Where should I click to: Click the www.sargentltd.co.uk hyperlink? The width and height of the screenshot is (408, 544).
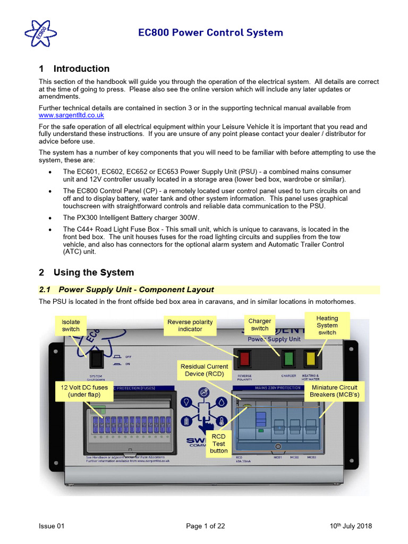pos(71,115)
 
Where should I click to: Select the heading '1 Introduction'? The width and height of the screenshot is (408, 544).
pos(74,69)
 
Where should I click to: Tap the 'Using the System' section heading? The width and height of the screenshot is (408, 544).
pos(86,273)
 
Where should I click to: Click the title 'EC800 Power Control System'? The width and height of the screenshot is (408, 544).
pos(210,32)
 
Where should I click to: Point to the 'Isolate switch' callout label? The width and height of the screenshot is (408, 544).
pos(71,326)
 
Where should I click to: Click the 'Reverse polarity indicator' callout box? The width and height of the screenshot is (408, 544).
pos(190,326)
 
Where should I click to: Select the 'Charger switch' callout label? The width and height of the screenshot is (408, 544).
pos(260,325)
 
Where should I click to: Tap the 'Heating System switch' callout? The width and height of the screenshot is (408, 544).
pos(327,325)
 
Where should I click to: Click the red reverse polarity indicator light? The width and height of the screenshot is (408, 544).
pos(244,359)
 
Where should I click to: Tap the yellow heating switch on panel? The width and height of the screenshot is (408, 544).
pos(310,359)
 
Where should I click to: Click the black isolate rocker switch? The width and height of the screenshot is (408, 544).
pos(96,360)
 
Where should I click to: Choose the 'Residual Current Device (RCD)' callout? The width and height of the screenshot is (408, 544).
pos(204,370)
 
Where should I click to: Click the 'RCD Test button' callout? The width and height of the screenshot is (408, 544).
pos(218,444)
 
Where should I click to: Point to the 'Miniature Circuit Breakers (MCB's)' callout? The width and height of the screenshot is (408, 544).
pos(334,391)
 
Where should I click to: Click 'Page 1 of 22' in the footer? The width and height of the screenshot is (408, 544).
pos(206,526)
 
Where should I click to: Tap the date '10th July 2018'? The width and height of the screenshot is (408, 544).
pos(351,526)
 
